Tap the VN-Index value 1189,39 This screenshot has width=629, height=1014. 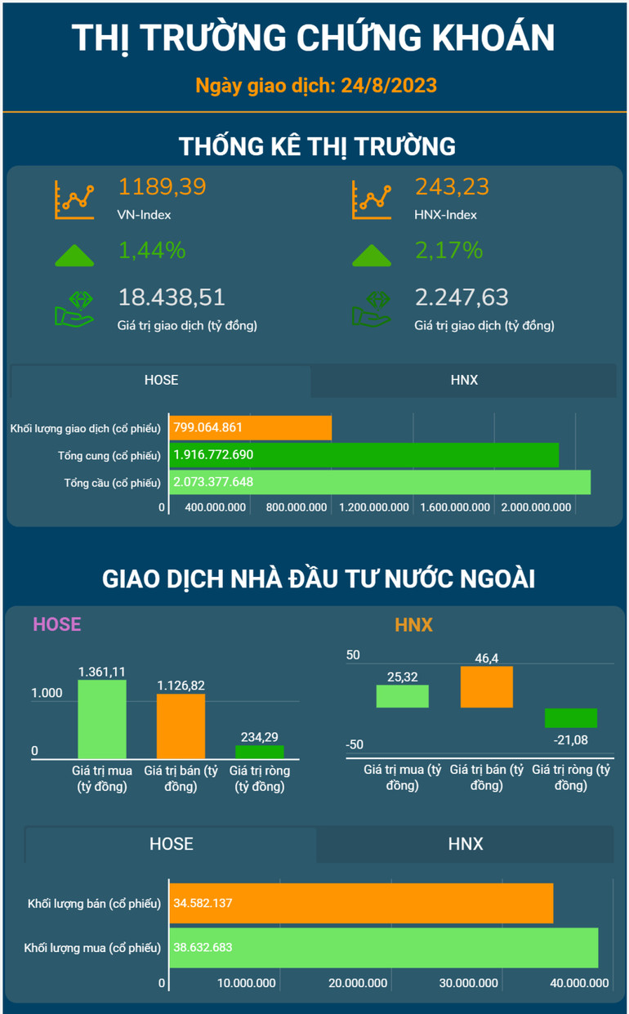[x=162, y=187]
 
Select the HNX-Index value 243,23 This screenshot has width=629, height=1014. [x=452, y=187]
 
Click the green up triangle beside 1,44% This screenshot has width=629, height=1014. [x=74, y=254]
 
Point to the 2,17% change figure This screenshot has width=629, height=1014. [x=448, y=250]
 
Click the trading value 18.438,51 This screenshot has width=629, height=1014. [x=172, y=297]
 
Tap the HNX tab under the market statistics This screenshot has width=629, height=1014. [x=463, y=380]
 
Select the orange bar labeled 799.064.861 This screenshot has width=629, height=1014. [x=250, y=427]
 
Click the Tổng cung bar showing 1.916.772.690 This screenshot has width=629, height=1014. [x=364, y=454]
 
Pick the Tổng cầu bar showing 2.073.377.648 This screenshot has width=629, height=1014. [x=380, y=482]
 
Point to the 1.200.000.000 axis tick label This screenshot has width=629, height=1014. [x=373, y=507]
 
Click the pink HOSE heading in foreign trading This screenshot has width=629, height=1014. [x=56, y=625]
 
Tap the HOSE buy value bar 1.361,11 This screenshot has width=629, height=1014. [x=102, y=719]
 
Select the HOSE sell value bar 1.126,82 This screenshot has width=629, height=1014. [x=181, y=726]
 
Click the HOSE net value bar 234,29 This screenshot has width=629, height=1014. [x=260, y=752]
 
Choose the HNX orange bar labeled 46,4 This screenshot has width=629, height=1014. [x=486, y=686]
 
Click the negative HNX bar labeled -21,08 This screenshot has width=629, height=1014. [x=570, y=717]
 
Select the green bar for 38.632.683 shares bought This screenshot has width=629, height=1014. [x=383, y=948]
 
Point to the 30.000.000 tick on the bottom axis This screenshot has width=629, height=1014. [x=469, y=983]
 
